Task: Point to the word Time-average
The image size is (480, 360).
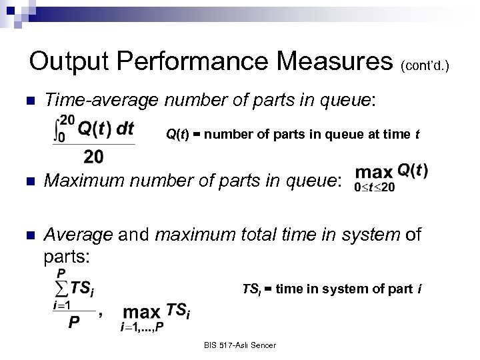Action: tap(101, 101)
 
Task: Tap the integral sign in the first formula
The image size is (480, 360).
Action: tap(57, 129)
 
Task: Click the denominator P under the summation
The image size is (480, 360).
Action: tap(75, 321)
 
